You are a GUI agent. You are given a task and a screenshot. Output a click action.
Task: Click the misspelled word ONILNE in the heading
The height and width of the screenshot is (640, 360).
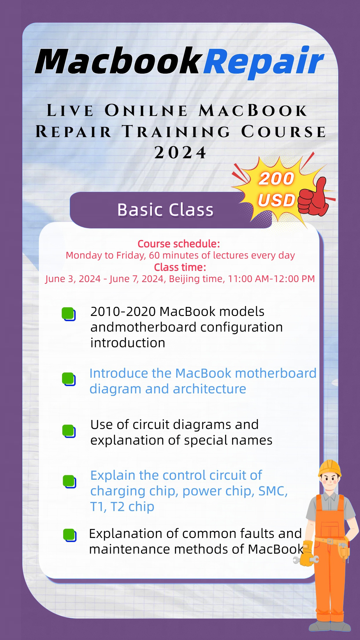click(146, 111)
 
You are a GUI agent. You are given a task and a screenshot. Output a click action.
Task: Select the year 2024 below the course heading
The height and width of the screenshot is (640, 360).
click(180, 152)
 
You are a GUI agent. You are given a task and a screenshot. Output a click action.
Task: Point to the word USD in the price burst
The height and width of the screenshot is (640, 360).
click(276, 200)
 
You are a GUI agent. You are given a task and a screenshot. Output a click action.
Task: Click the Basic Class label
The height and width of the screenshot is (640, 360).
click(165, 210)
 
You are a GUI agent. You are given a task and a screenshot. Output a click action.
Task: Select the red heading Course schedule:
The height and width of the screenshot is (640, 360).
click(179, 244)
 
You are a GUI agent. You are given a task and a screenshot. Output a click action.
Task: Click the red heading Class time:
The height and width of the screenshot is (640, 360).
click(180, 267)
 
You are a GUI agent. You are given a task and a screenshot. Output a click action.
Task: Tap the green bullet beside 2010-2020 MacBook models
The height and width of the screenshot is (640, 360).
click(68, 314)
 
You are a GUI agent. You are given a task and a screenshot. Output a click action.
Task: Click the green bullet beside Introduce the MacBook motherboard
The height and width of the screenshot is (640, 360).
click(68, 379)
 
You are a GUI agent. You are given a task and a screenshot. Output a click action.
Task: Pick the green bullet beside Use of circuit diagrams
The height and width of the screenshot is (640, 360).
click(69, 431)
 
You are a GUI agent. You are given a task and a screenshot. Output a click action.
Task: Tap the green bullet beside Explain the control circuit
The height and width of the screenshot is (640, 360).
click(69, 481)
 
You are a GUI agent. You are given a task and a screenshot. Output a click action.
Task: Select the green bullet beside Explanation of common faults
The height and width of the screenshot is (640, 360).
click(69, 534)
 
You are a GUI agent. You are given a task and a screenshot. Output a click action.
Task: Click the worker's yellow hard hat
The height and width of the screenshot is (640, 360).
click(330, 468)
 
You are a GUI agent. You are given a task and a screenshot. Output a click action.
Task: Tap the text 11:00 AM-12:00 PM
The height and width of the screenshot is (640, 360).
click(271, 279)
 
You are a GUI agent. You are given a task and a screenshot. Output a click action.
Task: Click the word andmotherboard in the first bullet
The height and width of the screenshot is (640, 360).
click(143, 327)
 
